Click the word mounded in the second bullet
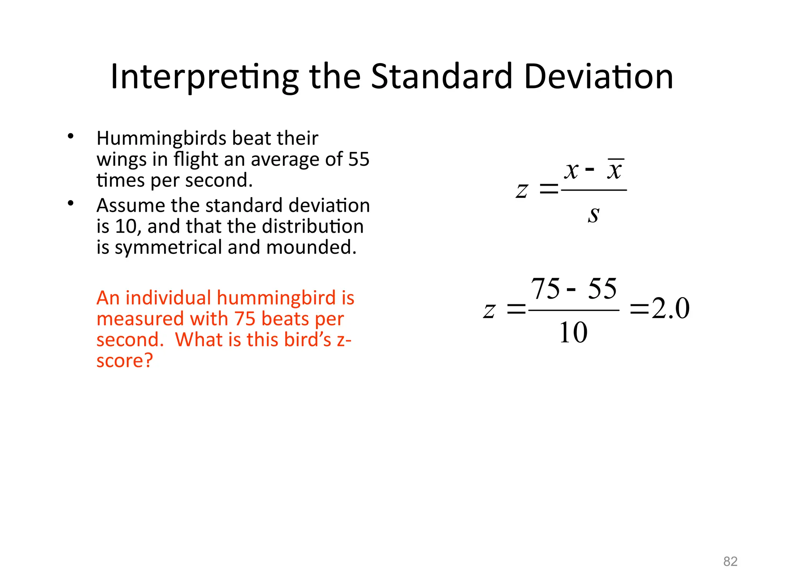tap(311, 247)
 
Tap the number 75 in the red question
tap(245, 319)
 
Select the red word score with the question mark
tap(125, 361)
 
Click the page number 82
tap(730, 562)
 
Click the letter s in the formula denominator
tap(593, 214)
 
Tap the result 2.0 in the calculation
tap(670, 308)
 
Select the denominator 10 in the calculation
tap(573, 332)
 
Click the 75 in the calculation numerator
tap(545, 289)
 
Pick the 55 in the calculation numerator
tap(602, 289)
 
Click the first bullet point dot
tap(71, 136)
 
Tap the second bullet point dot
tap(71, 203)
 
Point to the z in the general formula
tap(522, 190)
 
